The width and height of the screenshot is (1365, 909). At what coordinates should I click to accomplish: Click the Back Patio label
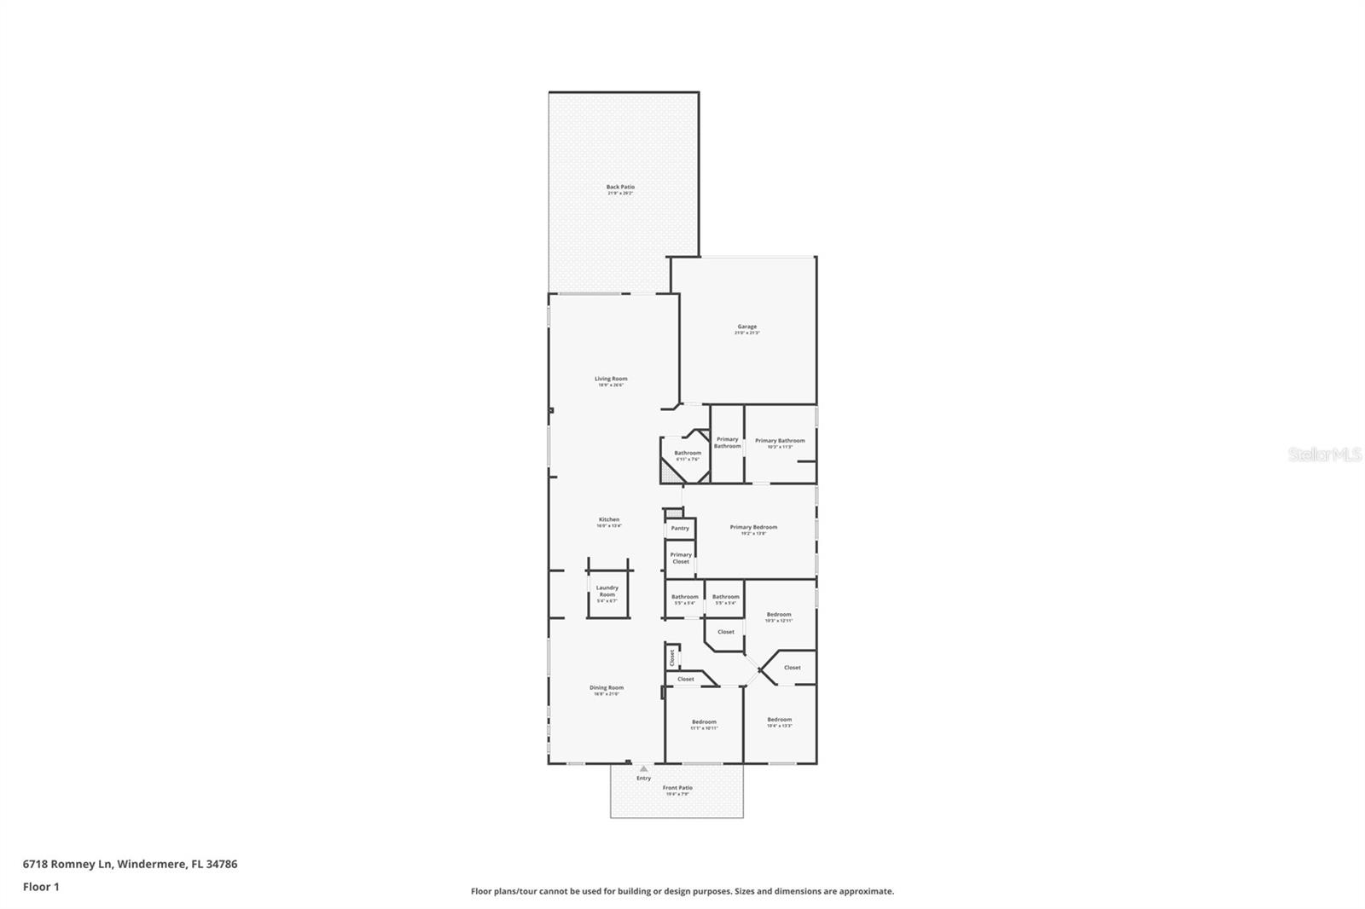coord(620,188)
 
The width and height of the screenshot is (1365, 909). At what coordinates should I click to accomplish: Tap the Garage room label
coord(746,327)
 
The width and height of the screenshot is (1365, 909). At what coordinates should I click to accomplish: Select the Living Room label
coord(611,379)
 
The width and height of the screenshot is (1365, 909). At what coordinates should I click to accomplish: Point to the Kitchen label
coord(608,520)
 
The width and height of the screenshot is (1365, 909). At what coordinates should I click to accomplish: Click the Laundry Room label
coord(607,591)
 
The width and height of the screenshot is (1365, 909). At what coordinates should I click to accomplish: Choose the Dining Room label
coord(607,688)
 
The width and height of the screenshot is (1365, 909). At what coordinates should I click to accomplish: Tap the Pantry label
coord(680,529)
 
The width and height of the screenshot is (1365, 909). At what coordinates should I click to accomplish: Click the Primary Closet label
coord(681,558)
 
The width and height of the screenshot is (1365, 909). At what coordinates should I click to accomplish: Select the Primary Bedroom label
coord(753,528)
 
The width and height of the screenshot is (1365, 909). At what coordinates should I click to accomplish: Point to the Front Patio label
coord(679,789)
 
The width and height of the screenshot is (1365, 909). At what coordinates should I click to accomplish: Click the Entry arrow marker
coord(644,768)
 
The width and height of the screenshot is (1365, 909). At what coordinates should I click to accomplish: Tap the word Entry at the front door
coord(643,778)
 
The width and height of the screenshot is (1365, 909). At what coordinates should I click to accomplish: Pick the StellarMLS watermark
coord(1324,455)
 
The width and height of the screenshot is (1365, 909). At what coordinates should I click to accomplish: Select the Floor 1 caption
coord(41,887)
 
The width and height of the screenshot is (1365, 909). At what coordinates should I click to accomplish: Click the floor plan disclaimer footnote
coord(682,891)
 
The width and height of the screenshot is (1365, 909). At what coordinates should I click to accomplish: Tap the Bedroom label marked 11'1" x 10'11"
coord(704,723)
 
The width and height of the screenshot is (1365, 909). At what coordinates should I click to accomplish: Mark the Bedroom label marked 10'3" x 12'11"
coord(778,616)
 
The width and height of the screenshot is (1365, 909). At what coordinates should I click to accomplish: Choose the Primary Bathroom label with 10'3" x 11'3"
coord(780,442)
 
